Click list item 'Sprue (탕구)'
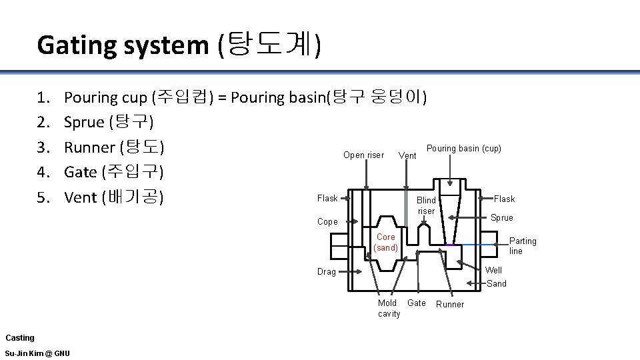click(109, 122)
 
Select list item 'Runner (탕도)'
click(114, 147)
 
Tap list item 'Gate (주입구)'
click(114, 172)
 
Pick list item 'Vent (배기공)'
click(114, 197)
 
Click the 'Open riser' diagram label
click(363, 155)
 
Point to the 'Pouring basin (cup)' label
click(464, 148)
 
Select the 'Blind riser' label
click(426, 205)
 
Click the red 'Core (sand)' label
click(386, 242)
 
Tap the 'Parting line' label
click(523, 246)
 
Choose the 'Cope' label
click(327, 221)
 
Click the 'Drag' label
click(327, 271)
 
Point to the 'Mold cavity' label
click(389, 308)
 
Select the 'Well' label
click(494, 270)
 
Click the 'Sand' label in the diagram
click(497, 283)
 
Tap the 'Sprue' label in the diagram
click(502, 217)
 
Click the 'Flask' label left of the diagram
click(327, 198)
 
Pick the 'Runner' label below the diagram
click(450, 305)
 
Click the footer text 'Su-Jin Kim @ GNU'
click(37, 353)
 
